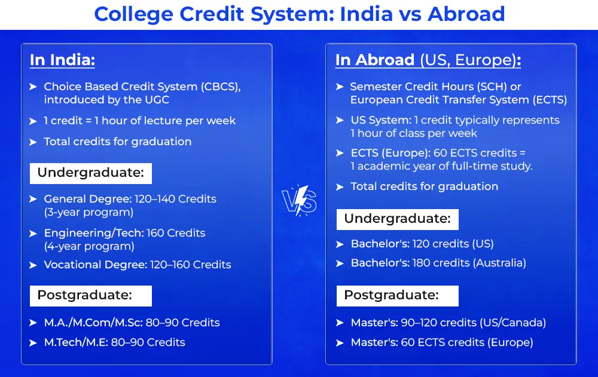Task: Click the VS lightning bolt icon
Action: click(x=300, y=201)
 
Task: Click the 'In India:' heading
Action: click(x=62, y=60)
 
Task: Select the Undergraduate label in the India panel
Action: click(x=91, y=173)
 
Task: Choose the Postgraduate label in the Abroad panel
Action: click(x=398, y=295)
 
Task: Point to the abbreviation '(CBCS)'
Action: click(x=221, y=87)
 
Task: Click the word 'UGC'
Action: click(x=157, y=100)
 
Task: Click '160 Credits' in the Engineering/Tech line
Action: click(x=176, y=233)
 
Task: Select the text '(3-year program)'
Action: click(x=89, y=212)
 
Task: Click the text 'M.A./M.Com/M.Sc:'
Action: click(x=93, y=323)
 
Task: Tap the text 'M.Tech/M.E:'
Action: click(x=76, y=342)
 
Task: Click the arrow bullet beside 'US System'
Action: click(x=340, y=121)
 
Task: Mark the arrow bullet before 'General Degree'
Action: click(x=33, y=199)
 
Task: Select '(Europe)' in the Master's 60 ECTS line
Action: click(x=510, y=343)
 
